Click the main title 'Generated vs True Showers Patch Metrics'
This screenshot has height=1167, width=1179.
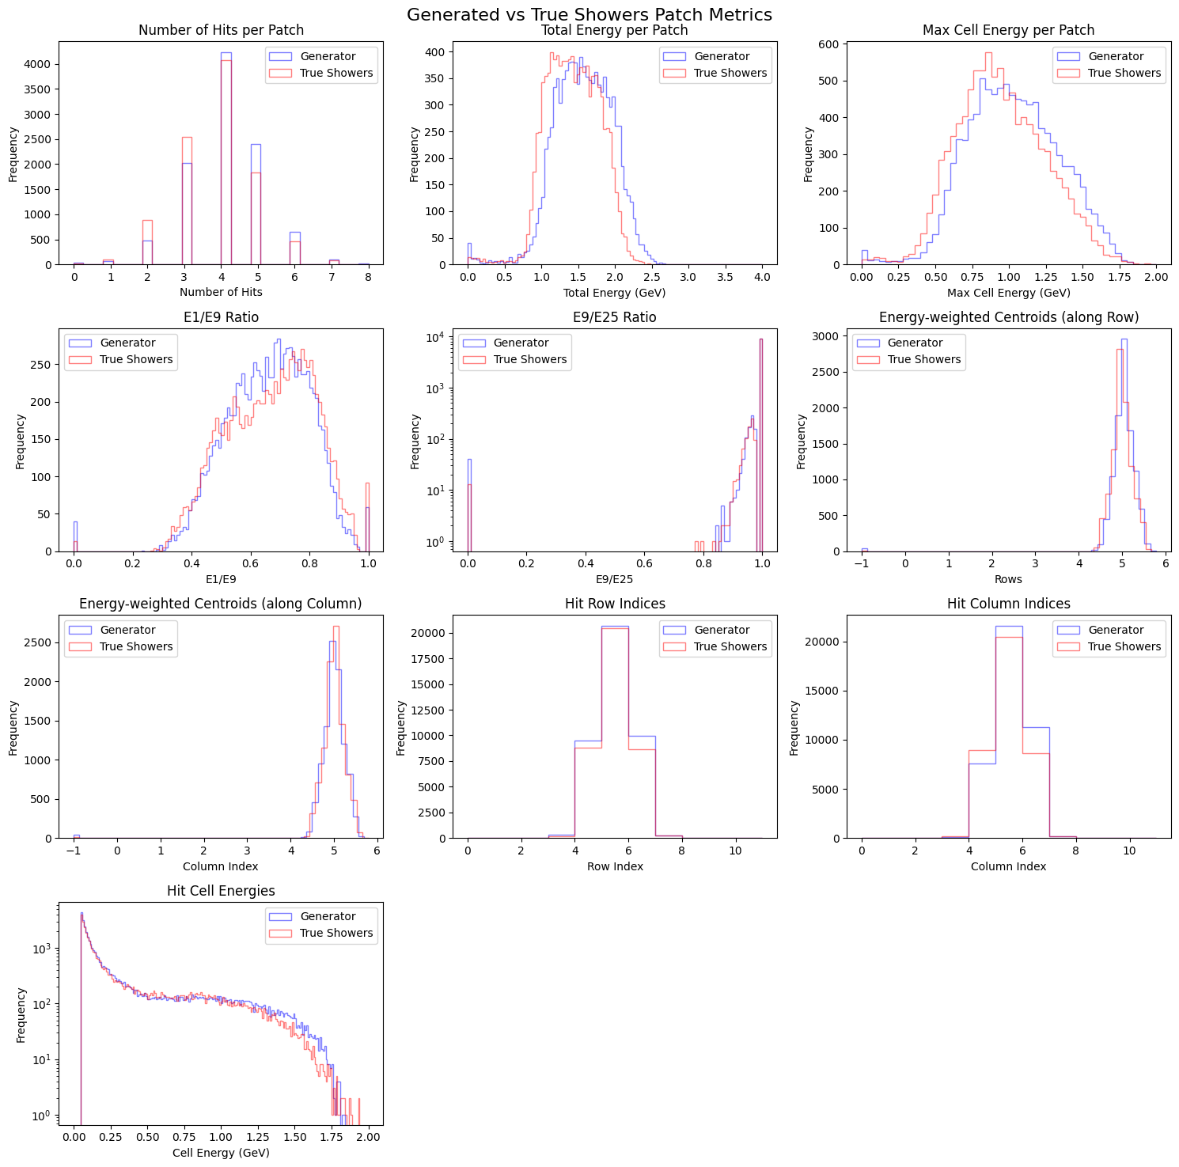click(x=589, y=14)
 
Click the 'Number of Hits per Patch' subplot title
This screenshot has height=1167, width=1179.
click(x=221, y=30)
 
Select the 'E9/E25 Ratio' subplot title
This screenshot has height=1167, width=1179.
click(x=615, y=317)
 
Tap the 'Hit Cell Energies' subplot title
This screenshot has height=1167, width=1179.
click(x=221, y=891)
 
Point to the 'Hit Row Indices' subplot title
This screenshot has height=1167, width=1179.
click(x=615, y=604)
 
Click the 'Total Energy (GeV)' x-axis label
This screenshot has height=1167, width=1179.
click(x=615, y=293)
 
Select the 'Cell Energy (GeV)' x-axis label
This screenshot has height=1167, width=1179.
click(x=221, y=1153)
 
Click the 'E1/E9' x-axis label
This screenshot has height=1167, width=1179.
click(x=221, y=579)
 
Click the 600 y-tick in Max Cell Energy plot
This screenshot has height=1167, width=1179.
click(x=829, y=44)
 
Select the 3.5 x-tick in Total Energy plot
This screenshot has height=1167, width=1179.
click(x=725, y=278)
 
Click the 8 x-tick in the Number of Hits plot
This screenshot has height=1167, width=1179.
click(x=368, y=278)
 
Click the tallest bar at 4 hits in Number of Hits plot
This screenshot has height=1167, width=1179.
click(x=226, y=158)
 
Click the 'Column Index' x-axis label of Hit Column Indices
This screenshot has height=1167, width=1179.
click(x=1008, y=866)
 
